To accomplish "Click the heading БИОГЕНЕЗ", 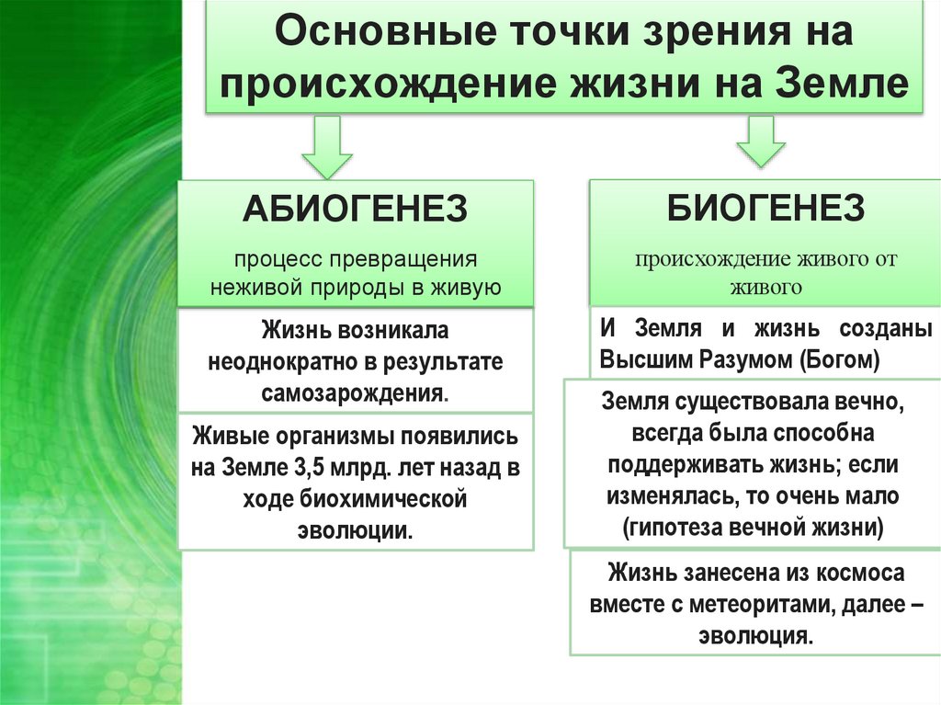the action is pos(765,208).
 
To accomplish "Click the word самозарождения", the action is pos(353,393).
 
